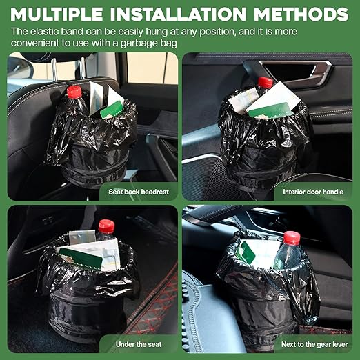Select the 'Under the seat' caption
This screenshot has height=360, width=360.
click(139, 343)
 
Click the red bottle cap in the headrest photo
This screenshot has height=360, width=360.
click(74, 92)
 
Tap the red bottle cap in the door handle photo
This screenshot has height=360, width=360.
click(266, 83)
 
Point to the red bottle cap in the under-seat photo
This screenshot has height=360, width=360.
click(106, 226)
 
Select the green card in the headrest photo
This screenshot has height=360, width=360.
click(112, 110)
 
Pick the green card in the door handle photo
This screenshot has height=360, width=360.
click(268, 110)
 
